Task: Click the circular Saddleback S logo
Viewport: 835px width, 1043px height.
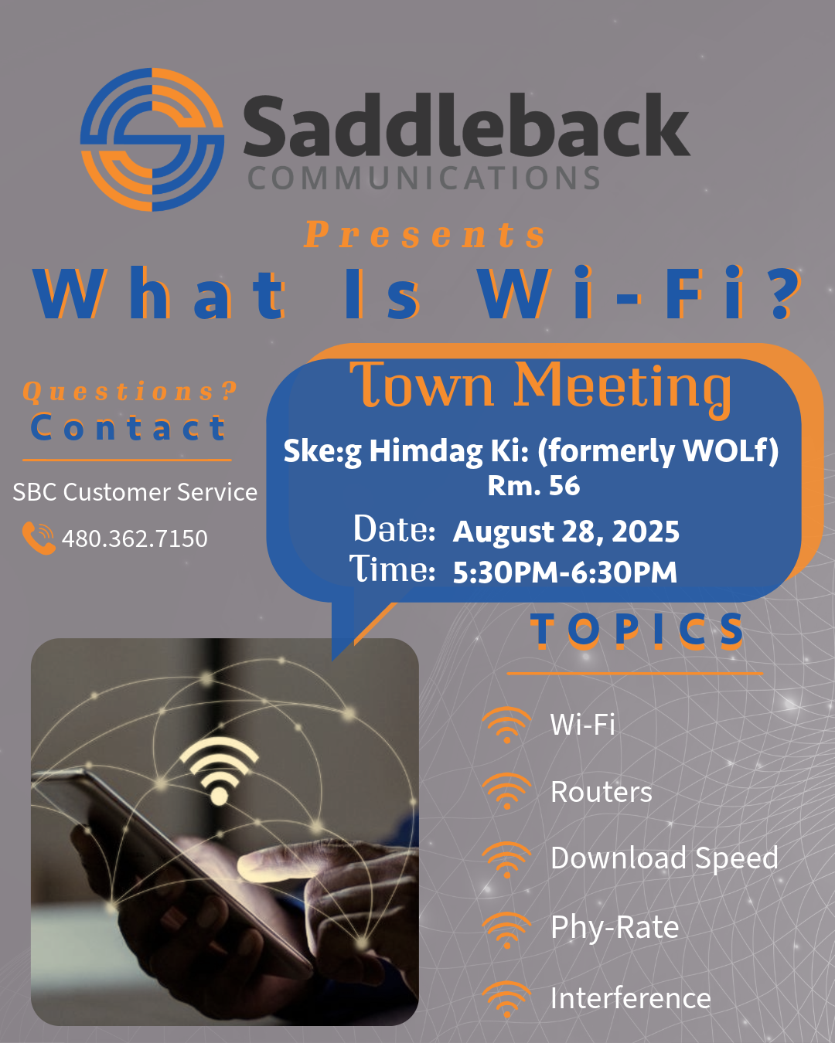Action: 152,140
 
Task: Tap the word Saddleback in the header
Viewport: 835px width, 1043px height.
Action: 465,126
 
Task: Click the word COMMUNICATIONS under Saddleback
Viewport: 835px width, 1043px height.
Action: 424,178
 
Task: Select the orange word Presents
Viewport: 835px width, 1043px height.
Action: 425,235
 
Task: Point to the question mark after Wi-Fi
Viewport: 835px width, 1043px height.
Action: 786,294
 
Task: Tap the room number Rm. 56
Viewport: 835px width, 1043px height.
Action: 533,485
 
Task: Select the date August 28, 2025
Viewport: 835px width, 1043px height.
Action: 566,532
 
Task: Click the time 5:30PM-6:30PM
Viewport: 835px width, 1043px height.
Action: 564,572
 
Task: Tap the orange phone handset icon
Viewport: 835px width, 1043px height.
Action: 39,538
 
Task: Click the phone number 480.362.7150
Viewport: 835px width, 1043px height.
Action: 135,538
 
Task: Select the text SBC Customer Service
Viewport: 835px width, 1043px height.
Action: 135,492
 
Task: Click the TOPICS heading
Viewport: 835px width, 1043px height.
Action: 636,630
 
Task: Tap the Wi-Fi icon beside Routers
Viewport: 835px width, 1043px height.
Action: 507,791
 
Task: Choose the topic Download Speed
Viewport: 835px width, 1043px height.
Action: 664,858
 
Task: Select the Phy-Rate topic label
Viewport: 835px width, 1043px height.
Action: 615,927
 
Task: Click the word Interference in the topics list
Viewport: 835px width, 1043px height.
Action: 631,998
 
